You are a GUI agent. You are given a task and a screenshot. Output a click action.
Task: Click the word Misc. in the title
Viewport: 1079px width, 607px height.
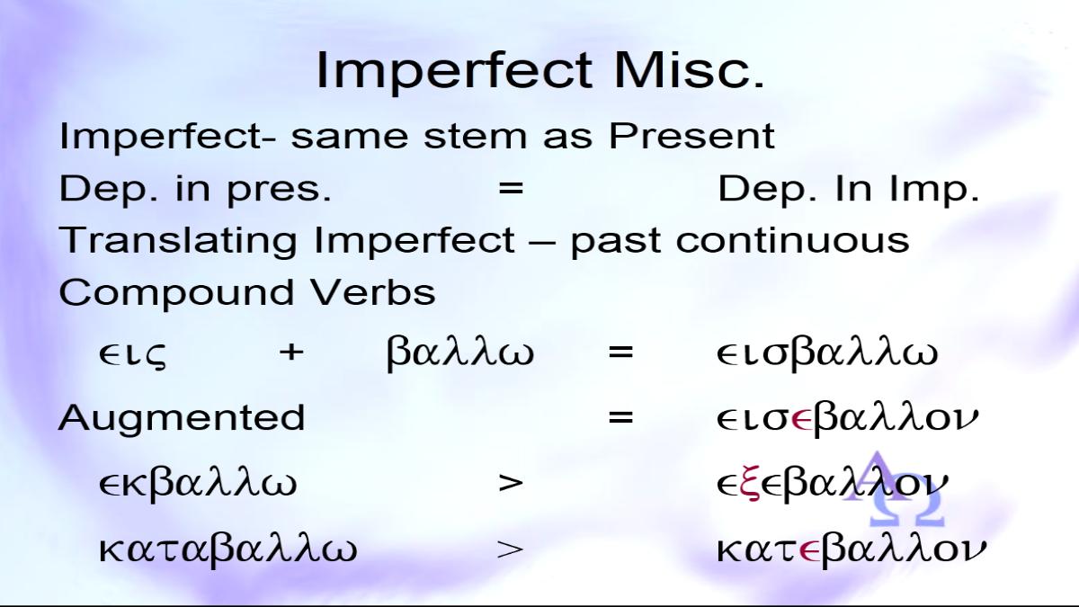(x=689, y=70)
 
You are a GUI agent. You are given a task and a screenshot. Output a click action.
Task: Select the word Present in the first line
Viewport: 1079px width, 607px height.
(x=691, y=136)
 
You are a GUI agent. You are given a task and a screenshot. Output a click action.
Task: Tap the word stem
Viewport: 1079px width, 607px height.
(x=476, y=137)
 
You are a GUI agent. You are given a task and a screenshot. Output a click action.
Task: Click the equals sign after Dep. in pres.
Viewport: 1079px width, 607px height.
(x=511, y=188)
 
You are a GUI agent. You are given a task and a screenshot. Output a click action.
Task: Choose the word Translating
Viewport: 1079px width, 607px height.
(x=178, y=241)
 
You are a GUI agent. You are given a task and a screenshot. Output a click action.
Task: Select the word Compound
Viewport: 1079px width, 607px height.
(x=176, y=293)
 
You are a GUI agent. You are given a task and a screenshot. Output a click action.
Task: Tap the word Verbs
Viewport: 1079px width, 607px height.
(x=372, y=292)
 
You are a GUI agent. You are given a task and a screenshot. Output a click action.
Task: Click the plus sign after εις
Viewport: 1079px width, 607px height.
(x=291, y=352)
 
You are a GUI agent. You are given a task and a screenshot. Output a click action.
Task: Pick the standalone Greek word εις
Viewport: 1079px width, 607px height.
(x=132, y=354)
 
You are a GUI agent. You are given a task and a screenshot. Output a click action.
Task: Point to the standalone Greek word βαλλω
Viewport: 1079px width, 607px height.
(x=460, y=353)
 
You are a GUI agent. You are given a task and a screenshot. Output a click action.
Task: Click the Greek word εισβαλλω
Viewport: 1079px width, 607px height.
(x=827, y=353)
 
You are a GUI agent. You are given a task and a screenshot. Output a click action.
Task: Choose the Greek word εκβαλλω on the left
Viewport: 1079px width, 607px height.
(x=198, y=484)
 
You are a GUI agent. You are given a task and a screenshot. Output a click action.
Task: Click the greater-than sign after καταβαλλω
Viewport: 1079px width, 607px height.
(x=510, y=549)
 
